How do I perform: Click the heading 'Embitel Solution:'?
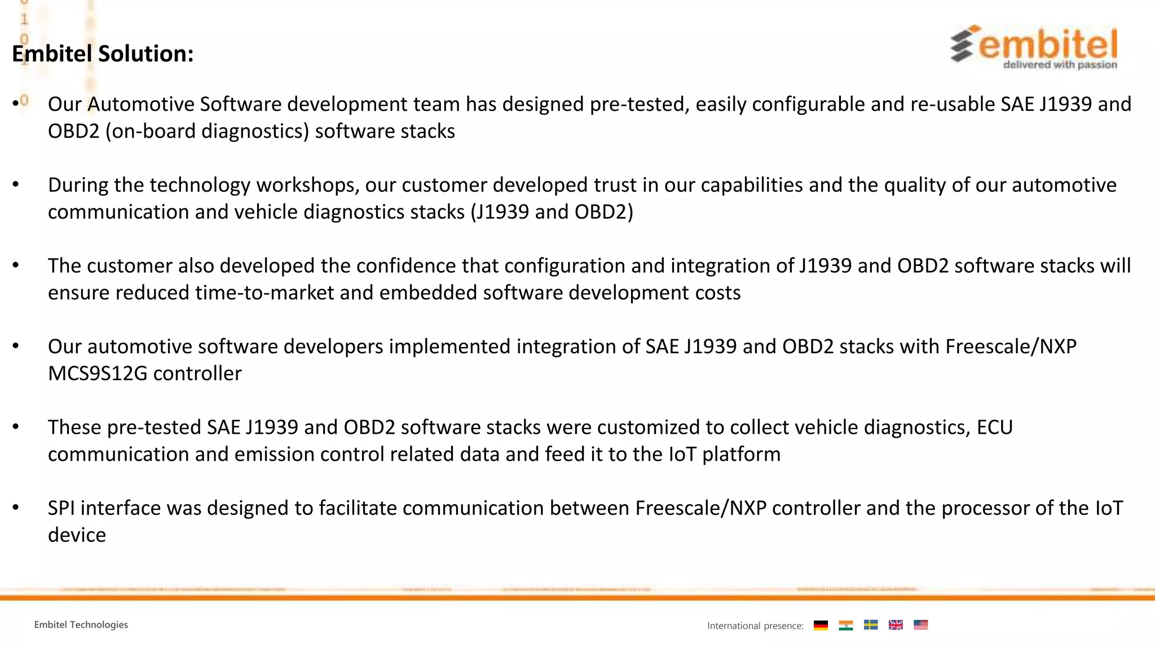[103, 54]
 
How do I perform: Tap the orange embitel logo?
[1034, 47]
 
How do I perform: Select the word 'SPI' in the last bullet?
[61, 508]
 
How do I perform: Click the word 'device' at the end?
[77, 535]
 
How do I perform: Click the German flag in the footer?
[821, 625]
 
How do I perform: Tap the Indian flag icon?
[845, 625]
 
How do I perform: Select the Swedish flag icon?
[871, 625]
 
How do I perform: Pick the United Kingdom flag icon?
[896, 625]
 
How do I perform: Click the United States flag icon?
[920, 625]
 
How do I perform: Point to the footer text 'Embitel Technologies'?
[81, 625]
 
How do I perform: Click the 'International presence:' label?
[755, 626]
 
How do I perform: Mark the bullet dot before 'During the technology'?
[16, 185]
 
